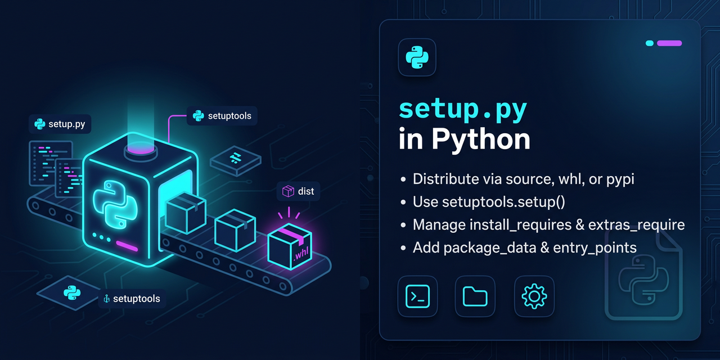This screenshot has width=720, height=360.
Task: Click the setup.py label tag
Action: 60,124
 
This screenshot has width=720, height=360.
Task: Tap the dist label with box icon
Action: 298,191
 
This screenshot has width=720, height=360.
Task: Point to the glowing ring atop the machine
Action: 139,149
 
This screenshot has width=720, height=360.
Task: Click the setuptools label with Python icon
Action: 222,116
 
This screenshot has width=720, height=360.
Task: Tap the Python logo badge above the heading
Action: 417,57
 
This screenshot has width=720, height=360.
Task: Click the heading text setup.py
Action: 462,110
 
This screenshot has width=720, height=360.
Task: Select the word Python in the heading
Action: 481,139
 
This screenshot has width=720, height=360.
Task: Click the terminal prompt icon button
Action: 417,296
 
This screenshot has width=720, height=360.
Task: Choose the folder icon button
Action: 475,296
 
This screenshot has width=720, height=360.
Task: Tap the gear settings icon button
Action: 534,296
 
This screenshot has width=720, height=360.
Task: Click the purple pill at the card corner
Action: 669,43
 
